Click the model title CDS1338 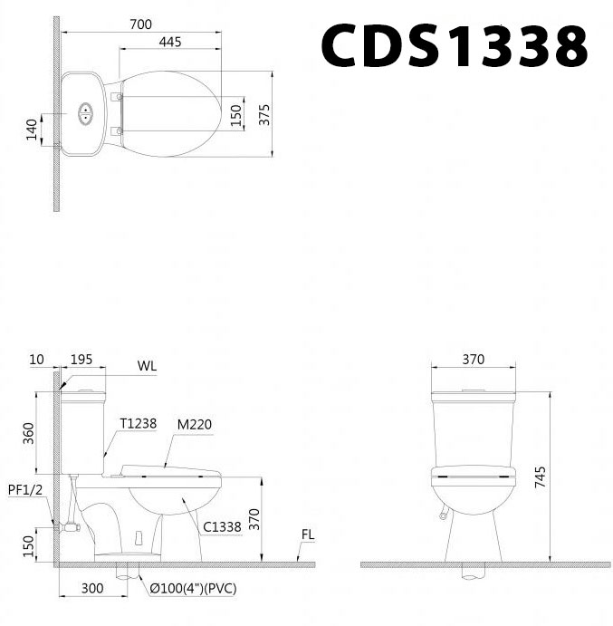tap(454, 46)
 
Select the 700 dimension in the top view tap(140, 24)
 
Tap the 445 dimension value tap(173, 42)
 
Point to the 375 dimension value tap(263, 113)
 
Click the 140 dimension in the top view tap(32, 130)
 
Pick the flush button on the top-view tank tap(87, 113)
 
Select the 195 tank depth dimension tap(81, 360)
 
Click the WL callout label tap(147, 366)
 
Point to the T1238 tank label tap(137, 423)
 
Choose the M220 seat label tap(195, 423)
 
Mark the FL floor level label tap(308, 535)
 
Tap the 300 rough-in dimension tap(91, 588)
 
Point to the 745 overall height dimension tap(541, 477)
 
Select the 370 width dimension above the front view tap(473, 360)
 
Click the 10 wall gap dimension tap(36, 360)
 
